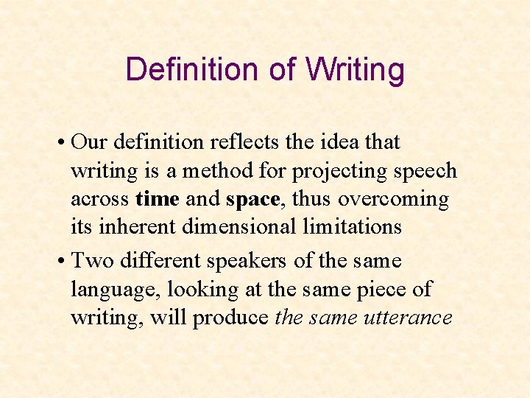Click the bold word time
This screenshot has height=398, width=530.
[158, 199]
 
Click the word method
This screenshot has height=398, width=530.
[216, 171]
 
